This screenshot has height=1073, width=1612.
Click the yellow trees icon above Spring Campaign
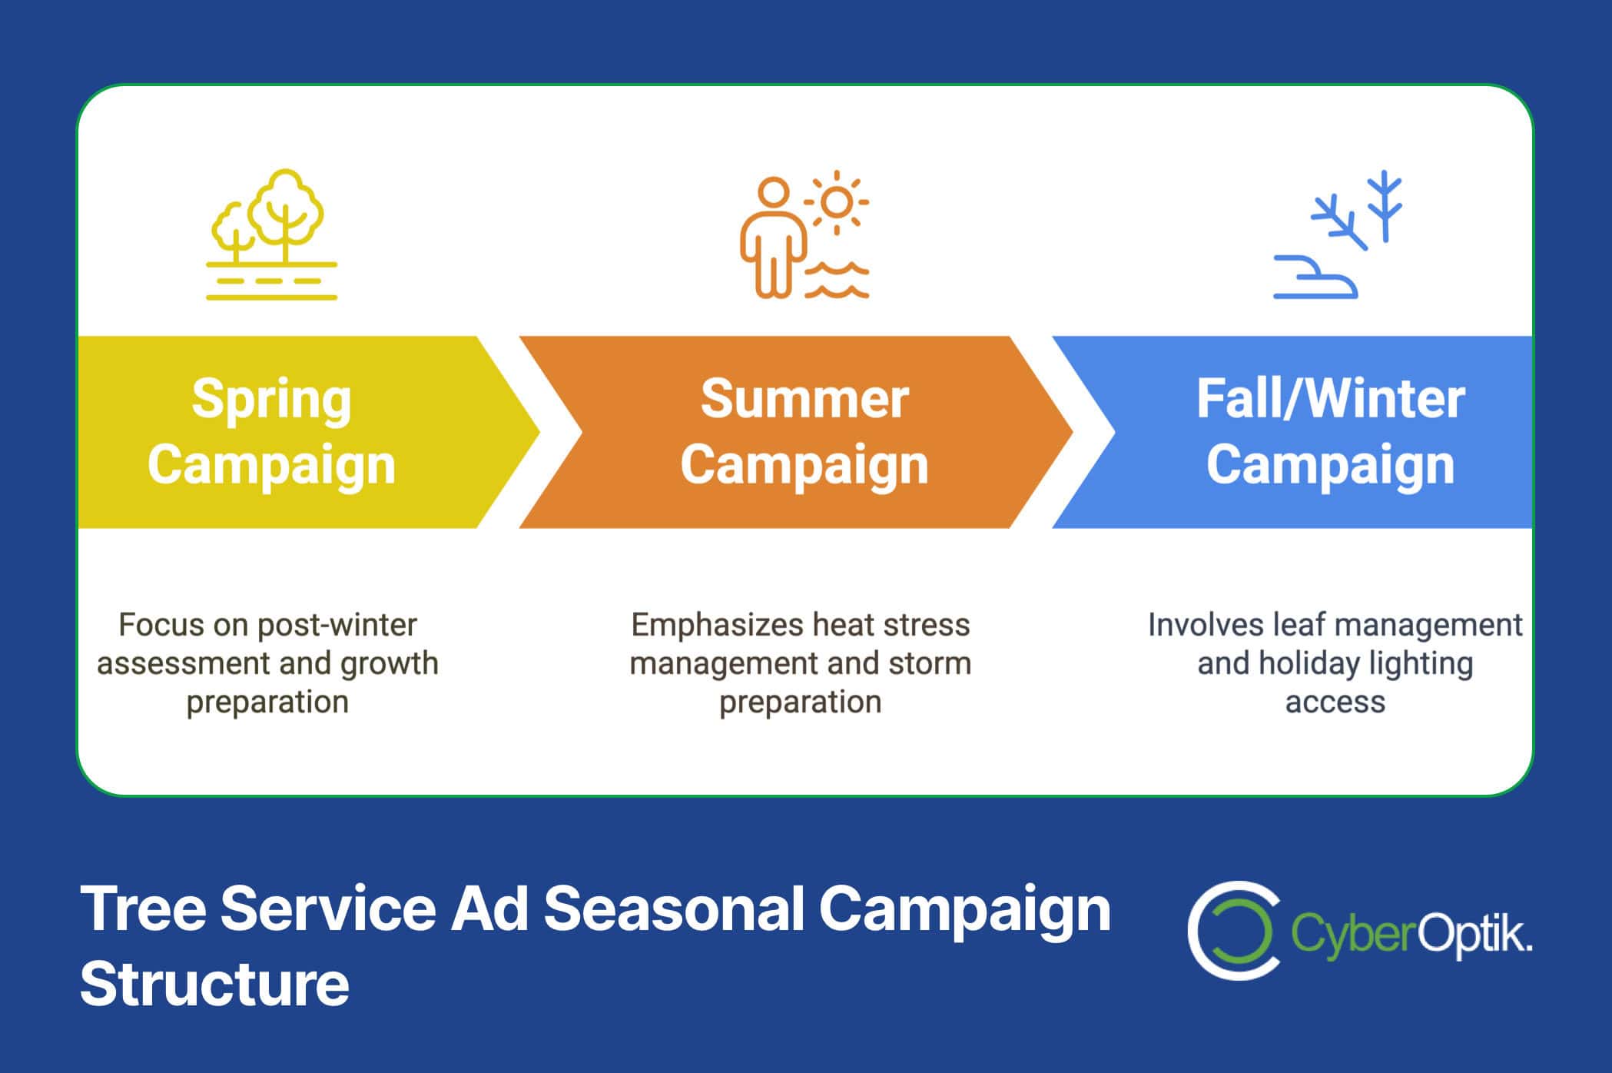pos(271,234)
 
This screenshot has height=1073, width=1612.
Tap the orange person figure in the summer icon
pos(773,238)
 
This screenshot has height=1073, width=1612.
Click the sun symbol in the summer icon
pos(837,202)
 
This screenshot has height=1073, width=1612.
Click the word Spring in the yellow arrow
pos(271,400)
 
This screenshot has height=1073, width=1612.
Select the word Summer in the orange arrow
pos(804,399)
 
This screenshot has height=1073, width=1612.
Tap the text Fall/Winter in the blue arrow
pos(1331,399)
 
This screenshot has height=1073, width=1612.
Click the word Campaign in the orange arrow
pos(804,466)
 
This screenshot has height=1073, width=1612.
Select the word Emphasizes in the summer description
pos(716,626)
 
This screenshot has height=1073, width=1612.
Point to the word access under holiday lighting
pos(1335,702)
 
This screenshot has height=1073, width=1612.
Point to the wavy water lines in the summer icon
pos(837,280)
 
